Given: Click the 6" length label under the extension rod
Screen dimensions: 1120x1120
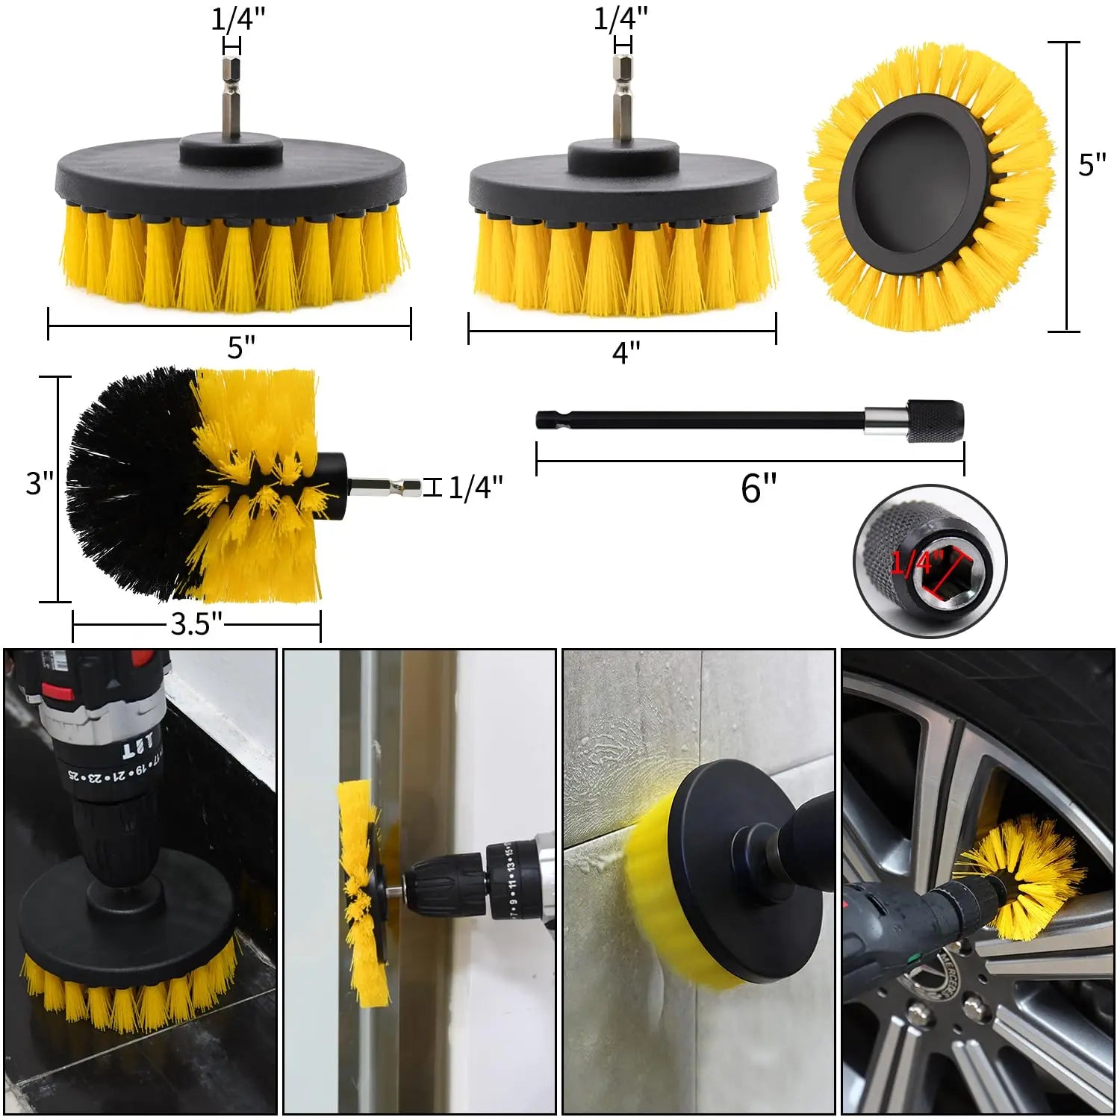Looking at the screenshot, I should (x=759, y=488).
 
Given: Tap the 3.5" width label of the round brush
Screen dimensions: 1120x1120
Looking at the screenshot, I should (x=196, y=624).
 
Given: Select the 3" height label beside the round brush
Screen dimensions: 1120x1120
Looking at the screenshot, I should (x=40, y=483).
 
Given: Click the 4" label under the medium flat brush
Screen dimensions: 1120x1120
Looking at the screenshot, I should (x=626, y=352).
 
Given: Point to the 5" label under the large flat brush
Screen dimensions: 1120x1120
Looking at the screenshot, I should (x=241, y=347).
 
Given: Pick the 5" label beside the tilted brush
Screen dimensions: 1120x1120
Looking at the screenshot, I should (x=1092, y=165).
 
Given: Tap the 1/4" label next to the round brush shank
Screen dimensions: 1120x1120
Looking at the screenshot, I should (x=476, y=488).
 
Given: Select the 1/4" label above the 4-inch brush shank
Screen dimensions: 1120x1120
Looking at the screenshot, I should (x=620, y=18).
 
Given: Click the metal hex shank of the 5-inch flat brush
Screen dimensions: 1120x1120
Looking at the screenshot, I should (x=231, y=97).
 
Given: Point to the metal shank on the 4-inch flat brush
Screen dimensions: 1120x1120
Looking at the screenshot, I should (x=622, y=101).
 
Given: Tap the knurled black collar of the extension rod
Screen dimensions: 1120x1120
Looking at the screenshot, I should (x=936, y=423).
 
